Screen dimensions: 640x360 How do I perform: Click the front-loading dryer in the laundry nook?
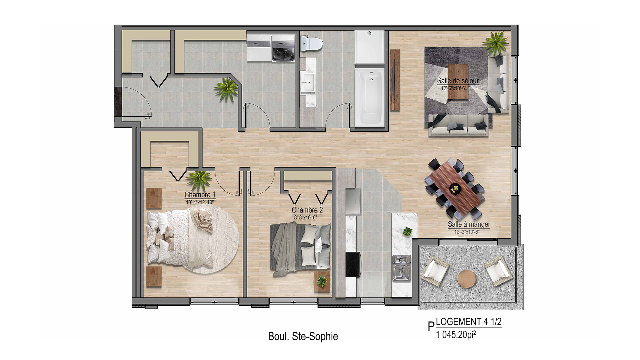(x=283, y=49)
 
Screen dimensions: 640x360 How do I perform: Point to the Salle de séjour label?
(x=458, y=81)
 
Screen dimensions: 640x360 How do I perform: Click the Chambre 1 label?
(x=200, y=195)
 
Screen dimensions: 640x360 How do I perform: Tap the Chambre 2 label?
(x=307, y=210)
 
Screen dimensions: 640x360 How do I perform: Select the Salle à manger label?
(x=469, y=224)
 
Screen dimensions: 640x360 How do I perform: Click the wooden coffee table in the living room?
(x=458, y=82)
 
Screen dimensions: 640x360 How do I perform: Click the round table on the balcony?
(x=466, y=279)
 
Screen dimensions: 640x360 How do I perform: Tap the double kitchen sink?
(x=401, y=268)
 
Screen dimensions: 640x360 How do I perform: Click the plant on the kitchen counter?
(x=407, y=231)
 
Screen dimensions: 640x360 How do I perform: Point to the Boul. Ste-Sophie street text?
(x=303, y=337)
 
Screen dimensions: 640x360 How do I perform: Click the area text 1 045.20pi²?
(x=456, y=335)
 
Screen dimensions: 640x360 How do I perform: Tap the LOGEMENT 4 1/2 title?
(x=469, y=322)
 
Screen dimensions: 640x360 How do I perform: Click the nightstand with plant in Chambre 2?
(x=322, y=282)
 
